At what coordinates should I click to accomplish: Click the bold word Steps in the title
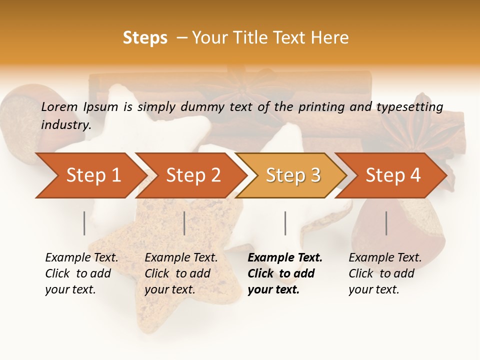[145, 38]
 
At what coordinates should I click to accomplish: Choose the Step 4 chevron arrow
[392, 175]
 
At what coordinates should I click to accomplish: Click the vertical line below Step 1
[84, 223]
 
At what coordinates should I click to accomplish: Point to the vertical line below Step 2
[184, 223]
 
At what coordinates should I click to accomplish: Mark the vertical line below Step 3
[285, 223]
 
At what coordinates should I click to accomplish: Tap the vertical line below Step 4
[386, 223]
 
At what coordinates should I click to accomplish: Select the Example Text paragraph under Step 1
[81, 273]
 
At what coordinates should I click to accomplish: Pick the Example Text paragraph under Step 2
[181, 273]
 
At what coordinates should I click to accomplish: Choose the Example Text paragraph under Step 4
[385, 273]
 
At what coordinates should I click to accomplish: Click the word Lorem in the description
[59, 106]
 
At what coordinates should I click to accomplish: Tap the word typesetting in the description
[409, 106]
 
